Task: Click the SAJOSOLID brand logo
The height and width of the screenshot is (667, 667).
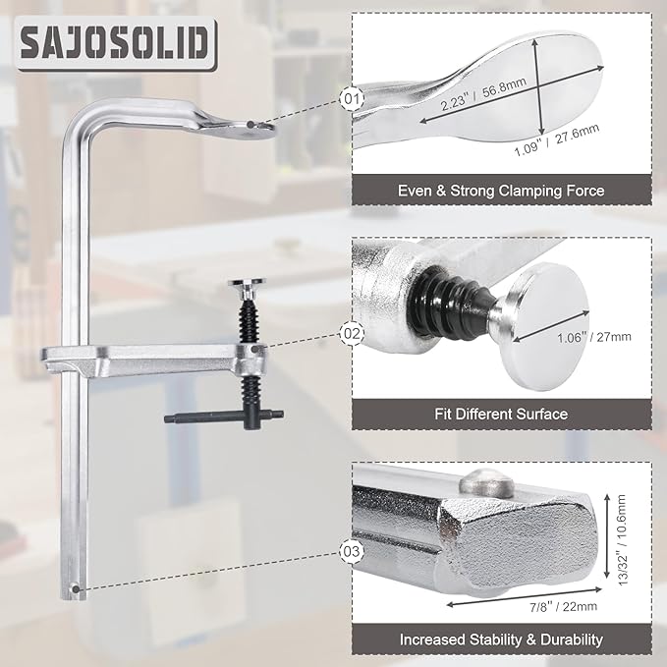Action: tap(116, 43)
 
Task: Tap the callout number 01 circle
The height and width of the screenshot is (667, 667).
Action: tap(352, 98)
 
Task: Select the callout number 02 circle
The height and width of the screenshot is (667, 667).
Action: tap(352, 333)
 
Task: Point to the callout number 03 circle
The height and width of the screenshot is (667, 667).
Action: tap(352, 551)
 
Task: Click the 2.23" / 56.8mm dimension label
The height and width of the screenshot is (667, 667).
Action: tap(482, 93)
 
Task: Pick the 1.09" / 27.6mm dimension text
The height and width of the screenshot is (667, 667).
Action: tap(556, 139)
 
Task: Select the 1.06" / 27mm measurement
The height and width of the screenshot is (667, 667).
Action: tap(594, 337)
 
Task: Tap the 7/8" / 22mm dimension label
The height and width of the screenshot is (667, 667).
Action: tap(563, 606)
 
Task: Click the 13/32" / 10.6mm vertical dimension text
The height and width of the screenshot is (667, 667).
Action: tap(622, 540)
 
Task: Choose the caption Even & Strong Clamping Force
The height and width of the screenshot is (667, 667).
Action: tap(501, 191)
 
